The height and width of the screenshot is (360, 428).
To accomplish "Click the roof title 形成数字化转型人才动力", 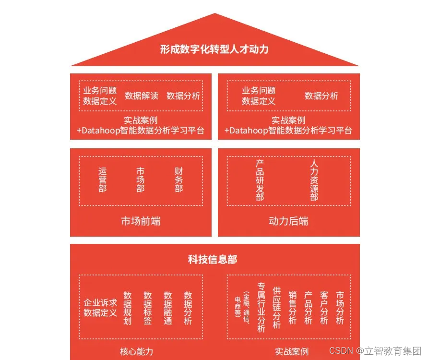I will coord(214,49).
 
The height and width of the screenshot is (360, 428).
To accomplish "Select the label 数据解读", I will coord(142,96).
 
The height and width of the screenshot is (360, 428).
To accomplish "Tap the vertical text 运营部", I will coord(103,180).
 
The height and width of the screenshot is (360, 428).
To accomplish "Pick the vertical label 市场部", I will coord(140,180).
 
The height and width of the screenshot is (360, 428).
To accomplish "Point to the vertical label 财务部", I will coord(178,180).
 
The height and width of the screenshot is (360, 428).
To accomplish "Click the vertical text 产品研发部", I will coord(260,180).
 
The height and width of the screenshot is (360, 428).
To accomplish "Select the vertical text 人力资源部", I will coord(314,180).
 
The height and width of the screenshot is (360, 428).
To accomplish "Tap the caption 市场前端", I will coord(141,221).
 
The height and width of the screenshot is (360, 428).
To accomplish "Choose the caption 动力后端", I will coord(288,221).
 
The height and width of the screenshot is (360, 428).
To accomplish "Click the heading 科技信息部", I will coord(213,260).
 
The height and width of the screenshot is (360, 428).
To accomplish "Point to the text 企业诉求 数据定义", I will coord(100,308).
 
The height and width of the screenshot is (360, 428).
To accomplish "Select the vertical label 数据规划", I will coord(127,308).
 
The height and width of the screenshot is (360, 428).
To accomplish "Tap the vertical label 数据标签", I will coord(148,308).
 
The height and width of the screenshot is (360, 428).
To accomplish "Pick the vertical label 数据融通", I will coord(168,308).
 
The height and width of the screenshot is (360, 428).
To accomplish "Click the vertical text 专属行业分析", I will coord(261,308).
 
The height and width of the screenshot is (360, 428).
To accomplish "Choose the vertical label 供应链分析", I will coord(276,308).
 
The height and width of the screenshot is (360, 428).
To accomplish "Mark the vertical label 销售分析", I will coord(292,308).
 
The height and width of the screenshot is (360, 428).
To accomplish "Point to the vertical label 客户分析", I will coord(324,308).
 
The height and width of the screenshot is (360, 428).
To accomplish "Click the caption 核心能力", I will coord(137,352).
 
